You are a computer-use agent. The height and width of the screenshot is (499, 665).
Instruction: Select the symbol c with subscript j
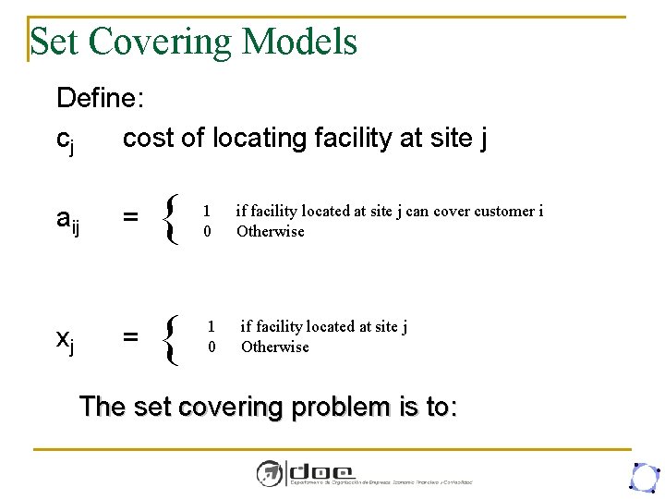65,140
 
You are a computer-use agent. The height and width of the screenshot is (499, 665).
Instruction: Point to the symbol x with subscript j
65,339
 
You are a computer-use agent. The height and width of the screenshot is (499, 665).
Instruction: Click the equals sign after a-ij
131,218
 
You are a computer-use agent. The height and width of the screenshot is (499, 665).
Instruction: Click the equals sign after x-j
131,338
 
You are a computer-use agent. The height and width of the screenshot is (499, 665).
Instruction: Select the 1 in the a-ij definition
208,211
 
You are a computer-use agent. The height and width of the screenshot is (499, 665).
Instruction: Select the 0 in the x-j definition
212,347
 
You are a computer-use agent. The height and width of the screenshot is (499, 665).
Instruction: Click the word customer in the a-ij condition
503,211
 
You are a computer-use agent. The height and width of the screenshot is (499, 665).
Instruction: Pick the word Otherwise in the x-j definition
275,347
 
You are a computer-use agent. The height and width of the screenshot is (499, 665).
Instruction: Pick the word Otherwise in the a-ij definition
271,231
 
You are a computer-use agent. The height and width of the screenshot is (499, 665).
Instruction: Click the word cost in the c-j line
148,138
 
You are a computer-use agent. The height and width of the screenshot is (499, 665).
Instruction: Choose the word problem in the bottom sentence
344,407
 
